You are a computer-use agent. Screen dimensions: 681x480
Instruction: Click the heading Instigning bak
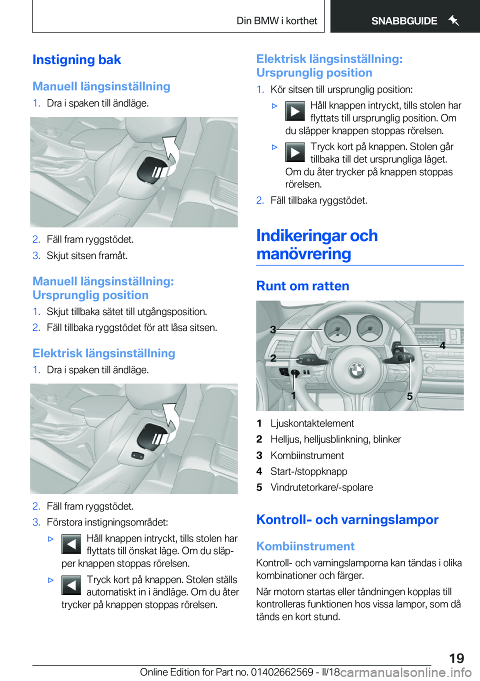[76, 60]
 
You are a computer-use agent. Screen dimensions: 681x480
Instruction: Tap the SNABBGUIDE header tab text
[404, 21]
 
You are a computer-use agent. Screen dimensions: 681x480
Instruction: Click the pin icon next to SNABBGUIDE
[453, 20]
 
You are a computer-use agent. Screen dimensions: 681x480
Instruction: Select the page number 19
[456, 658]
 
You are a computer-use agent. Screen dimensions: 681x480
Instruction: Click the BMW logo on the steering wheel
[357, 370]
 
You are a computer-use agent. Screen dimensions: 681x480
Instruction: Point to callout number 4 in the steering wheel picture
[442, 345]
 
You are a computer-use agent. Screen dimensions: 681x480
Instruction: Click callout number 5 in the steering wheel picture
[409, 396]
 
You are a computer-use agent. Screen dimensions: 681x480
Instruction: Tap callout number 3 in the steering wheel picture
[273, 329]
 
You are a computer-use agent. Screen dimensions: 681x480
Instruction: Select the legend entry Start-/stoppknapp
[308, 471]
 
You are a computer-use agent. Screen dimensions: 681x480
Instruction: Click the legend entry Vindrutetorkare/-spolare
[321, 487]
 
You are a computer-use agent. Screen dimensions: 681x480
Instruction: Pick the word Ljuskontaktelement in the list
[312, 423]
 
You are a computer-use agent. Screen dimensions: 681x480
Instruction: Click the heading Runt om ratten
[302, 286]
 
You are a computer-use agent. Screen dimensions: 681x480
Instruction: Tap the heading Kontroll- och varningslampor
[347, 519]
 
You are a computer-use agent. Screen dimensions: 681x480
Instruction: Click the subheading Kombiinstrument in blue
[305, 546]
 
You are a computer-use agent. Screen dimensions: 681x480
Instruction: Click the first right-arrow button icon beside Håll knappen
[295, 111]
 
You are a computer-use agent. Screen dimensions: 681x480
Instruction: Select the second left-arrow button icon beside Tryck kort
[71, 585]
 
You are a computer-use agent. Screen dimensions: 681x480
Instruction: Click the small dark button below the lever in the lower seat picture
[137, 455]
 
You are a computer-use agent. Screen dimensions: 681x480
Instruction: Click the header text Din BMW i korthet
[276, 21]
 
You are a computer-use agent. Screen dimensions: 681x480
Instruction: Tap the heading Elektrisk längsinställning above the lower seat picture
[103, 353]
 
